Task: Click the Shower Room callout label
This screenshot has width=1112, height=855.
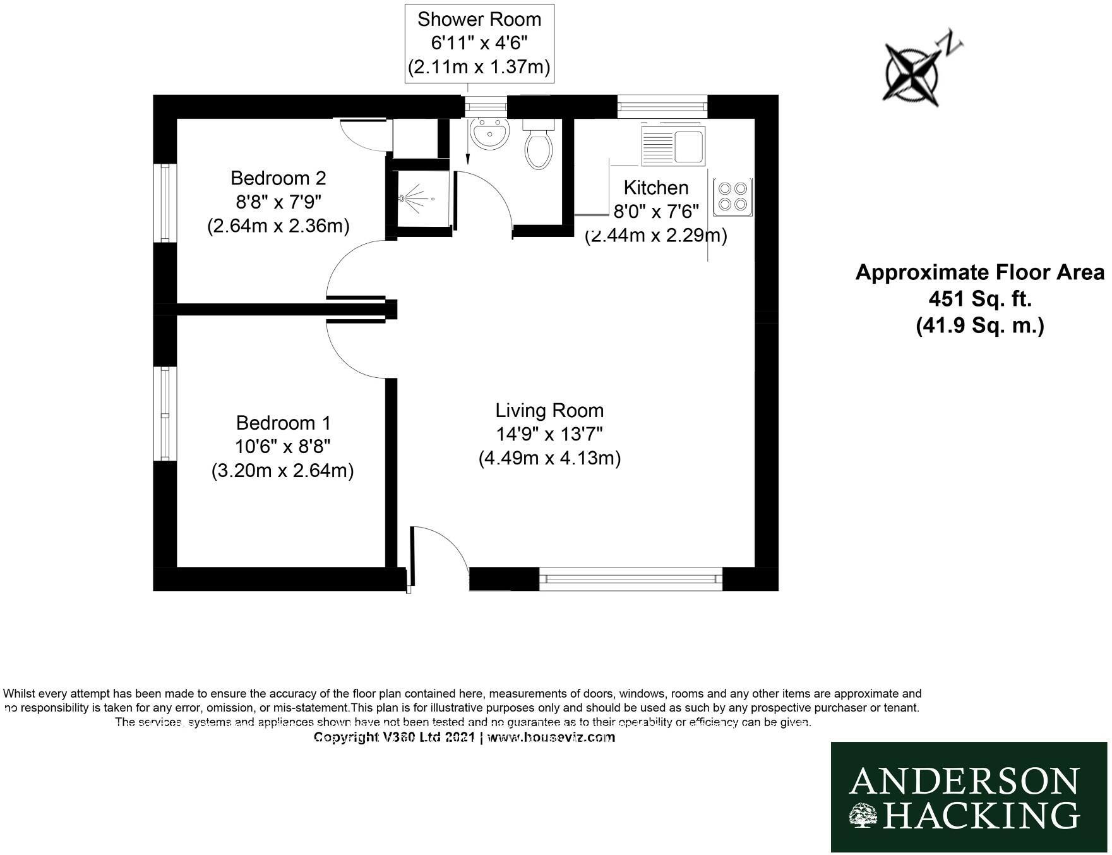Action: pos(479,43)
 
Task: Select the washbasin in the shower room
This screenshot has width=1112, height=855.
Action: pos(490,135)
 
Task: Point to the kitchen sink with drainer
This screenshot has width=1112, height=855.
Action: pos(673,145)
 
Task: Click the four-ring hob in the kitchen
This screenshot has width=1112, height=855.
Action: pos(732,197)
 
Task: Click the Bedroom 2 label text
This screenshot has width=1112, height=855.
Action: pos(278,178)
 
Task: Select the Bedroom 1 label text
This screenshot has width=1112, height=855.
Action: pos(283,423)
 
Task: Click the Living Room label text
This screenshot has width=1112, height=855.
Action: pos(549,411)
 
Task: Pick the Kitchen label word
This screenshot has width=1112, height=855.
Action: pos(655,188)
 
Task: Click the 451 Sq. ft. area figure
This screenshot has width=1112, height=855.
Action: pos(979,298)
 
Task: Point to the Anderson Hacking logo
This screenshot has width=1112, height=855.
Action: pos(969,797)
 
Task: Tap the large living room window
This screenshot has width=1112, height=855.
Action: pos(630,578)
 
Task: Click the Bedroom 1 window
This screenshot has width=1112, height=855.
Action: pos(165,414)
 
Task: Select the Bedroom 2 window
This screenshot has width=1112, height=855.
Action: pos(165,202)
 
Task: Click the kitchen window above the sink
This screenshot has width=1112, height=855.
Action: pos(662,106)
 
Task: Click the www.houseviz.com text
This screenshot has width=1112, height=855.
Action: pos(550,737)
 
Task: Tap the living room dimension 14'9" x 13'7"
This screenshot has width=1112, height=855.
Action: pos(549,435)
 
